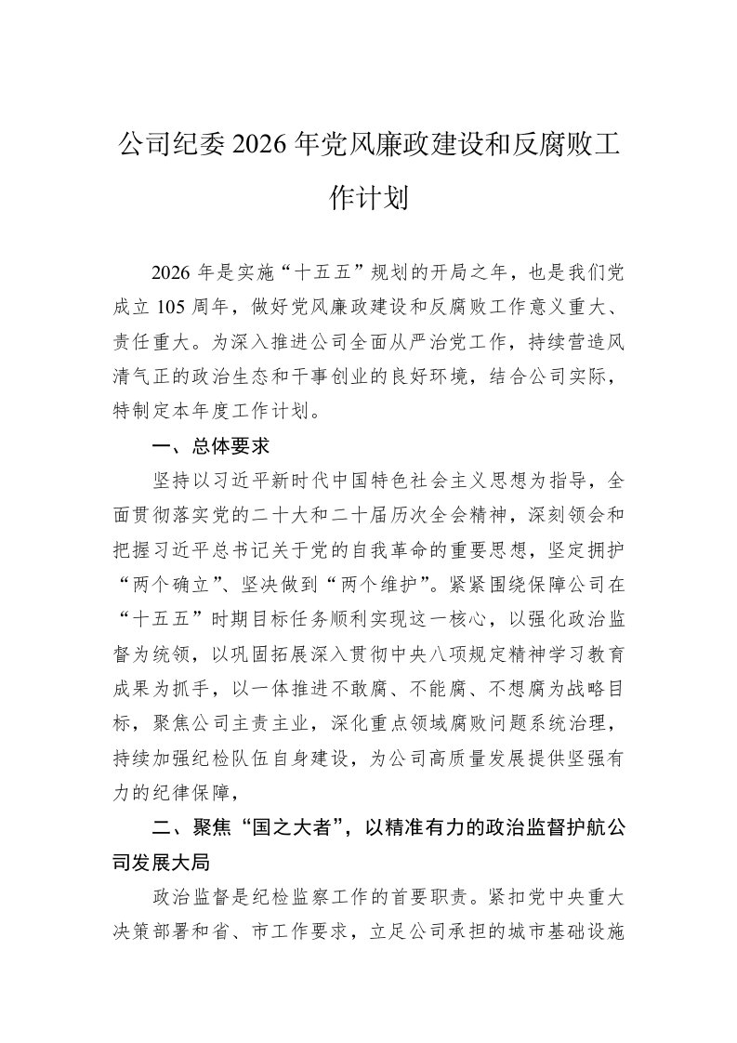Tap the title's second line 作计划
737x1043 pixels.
pyautogui.click(x=369, y=199)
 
